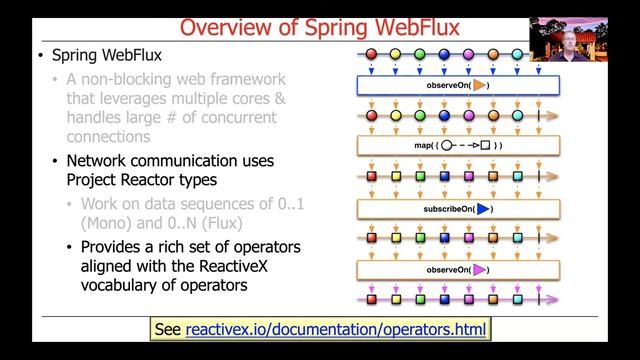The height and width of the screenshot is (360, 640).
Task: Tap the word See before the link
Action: click(x=168, y=329)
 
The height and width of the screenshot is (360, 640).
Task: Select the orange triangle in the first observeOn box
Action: click(x=480, y=86)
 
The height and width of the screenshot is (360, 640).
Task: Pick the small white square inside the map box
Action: click(x=484, y=147)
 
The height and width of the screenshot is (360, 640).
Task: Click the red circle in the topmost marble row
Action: click(x=372, y=55)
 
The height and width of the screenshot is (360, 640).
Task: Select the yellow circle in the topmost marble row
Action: click(x=396, y=55)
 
